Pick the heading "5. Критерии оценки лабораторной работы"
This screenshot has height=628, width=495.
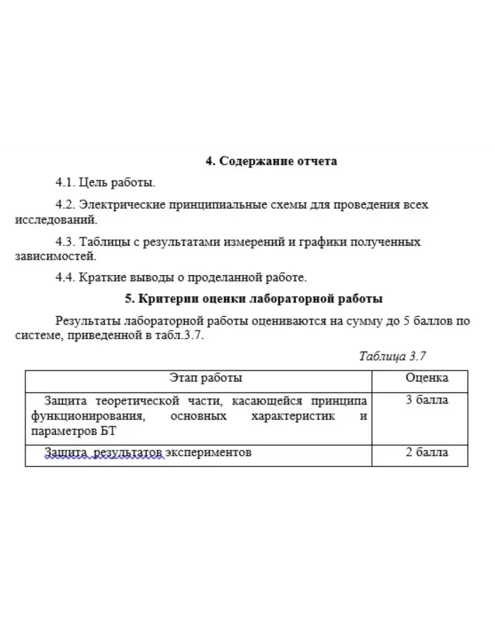[x=254, y=299]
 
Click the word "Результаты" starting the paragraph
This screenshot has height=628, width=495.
[x=88, y=321]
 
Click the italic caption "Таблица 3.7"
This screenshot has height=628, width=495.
[x=392, y=357]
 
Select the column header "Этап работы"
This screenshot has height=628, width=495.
[x=206, y=378]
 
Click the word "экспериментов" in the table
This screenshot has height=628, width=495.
[x=208, y=452]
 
